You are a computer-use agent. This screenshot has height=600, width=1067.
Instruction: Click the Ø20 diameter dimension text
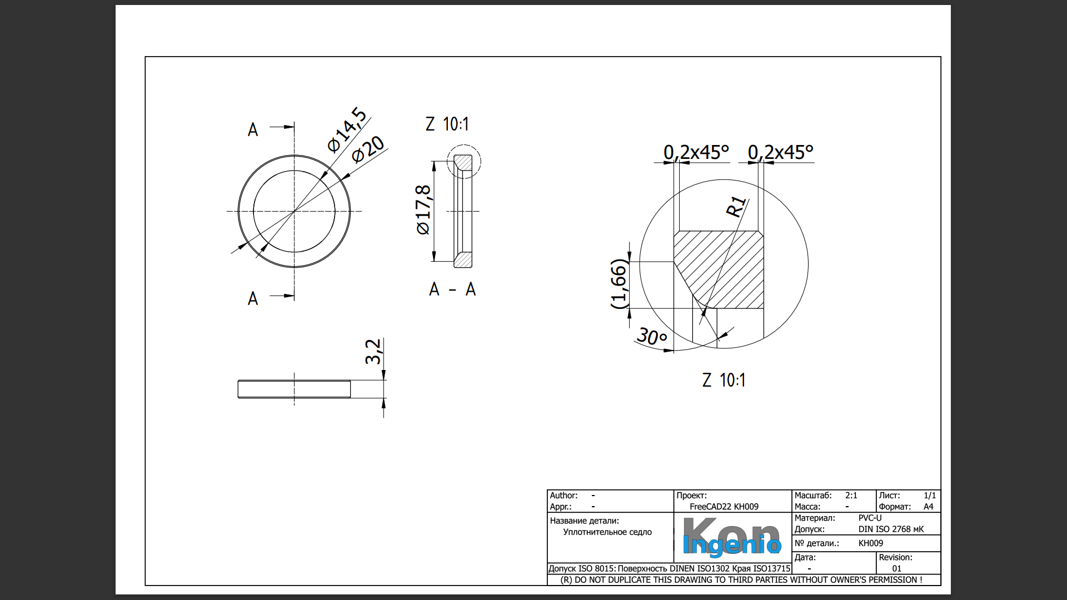[x=368, y=149]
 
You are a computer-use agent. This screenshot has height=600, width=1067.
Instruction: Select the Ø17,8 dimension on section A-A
[x=423, y=210]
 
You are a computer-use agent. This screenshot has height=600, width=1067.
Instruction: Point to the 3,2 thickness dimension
[x=373, y=351]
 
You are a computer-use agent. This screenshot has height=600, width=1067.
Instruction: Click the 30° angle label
[x=651, y=336]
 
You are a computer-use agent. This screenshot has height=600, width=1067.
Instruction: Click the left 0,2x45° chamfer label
[x=696, y=152]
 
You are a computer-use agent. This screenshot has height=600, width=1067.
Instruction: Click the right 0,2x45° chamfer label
[x=780, y=152]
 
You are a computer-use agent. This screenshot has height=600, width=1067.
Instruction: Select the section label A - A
[x=452, y=289]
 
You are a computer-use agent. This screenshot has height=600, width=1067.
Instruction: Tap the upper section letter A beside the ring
[x=253, y=129]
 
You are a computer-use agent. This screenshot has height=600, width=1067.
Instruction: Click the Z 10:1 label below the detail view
[x=724, y=380]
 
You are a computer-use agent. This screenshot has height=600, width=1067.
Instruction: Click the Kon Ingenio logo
[x=731, y=537]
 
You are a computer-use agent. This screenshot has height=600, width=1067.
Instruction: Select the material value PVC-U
[x=870, y=518]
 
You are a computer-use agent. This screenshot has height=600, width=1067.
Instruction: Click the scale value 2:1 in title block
[x=851, y=495]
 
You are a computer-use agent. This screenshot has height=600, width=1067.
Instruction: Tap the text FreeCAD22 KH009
[x=724, y=507]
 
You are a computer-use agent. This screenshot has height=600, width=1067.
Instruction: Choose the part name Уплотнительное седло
[x=607, y=532]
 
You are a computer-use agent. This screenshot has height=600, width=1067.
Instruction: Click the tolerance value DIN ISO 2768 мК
[x=890, y=529]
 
